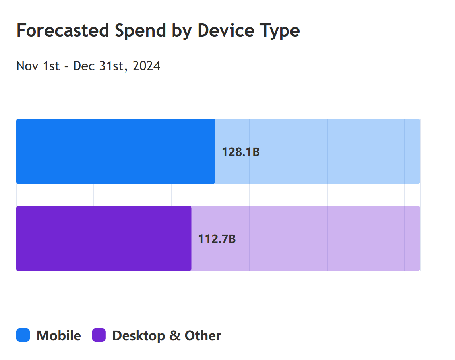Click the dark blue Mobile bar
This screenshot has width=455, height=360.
click(116, 151)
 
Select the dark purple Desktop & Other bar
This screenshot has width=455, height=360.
click(104, 239)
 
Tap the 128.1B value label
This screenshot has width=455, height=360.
click(240, 152)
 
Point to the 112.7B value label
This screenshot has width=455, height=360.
click(217, 239)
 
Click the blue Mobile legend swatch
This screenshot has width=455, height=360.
click(23, 335)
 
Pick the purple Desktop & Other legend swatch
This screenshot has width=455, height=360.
click(99, 335)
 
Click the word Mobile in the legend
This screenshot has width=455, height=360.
click(59, 336)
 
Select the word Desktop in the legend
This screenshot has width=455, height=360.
click(139, 336)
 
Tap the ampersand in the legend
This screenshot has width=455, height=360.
click(175, 336)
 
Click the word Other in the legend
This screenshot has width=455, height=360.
click(203, 336)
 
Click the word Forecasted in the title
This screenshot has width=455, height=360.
click(63, 31)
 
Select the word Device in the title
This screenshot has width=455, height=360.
click(226, 31)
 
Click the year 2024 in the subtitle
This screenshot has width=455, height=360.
click(146, 66)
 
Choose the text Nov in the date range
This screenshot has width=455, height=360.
click(27, 66)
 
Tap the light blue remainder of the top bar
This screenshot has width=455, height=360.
click(318, 151)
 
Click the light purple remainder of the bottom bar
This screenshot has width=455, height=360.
click(306, 239)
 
